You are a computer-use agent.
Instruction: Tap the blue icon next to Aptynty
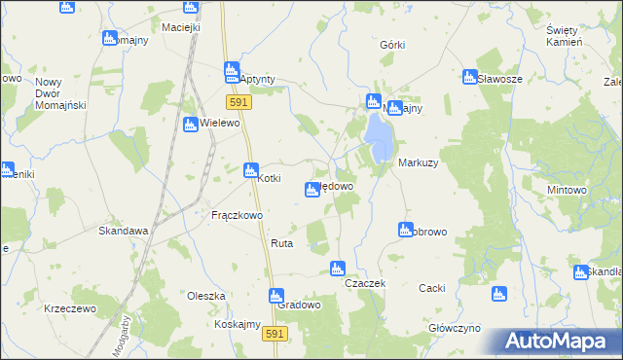(232, 70)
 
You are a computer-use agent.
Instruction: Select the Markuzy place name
(418, 163)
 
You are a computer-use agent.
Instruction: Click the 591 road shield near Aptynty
(238, 101)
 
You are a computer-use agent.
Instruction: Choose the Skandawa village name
(123, 232)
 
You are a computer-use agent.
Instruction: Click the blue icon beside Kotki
(250, 170)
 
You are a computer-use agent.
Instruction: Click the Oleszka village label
(206, 296)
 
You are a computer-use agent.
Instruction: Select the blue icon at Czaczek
(338, 268)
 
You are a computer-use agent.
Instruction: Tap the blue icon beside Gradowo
(275, 294)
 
